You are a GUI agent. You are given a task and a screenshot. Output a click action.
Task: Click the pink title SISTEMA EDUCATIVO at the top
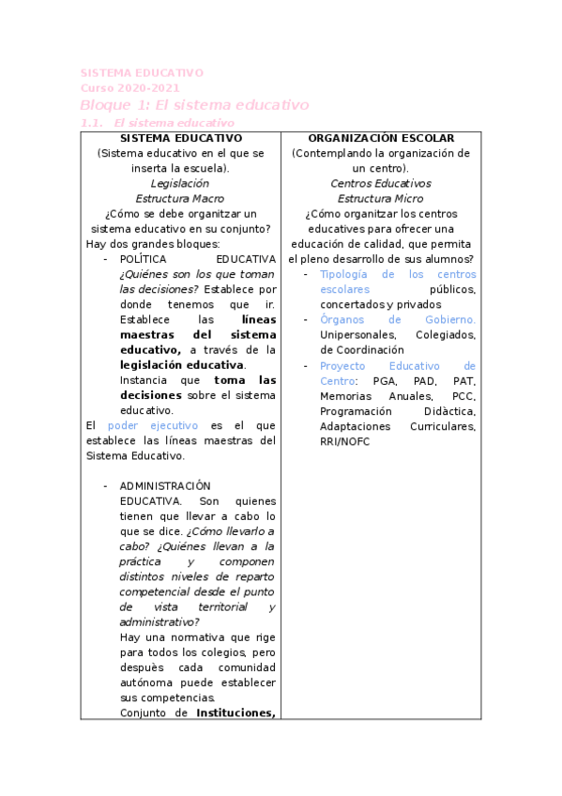tap(141, 72)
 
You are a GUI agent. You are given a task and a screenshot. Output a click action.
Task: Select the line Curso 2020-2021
tap(129, 88)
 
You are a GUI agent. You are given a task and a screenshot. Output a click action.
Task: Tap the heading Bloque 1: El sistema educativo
tap(194, 105)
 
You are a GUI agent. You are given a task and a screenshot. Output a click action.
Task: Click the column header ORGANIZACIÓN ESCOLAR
tap(381, 138)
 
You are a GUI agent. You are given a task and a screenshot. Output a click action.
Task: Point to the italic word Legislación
tap(180, 183)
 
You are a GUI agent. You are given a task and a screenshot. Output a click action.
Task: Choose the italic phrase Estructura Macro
tap(180, 199)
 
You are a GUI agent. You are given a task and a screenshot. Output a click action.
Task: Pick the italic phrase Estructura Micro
tap(380, 199)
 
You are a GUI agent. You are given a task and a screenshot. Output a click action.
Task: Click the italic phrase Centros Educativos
tap(380, 183)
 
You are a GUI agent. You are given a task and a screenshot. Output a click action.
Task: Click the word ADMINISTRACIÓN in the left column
tap(165, 486)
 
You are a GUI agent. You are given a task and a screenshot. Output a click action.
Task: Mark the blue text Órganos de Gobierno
tap(397, 319)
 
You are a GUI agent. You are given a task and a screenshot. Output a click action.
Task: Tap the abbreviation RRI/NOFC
tap(344, 441)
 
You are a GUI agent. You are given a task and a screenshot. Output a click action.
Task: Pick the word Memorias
tap(344, 395)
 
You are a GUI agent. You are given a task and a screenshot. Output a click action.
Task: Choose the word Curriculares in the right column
tap(442, 426)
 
